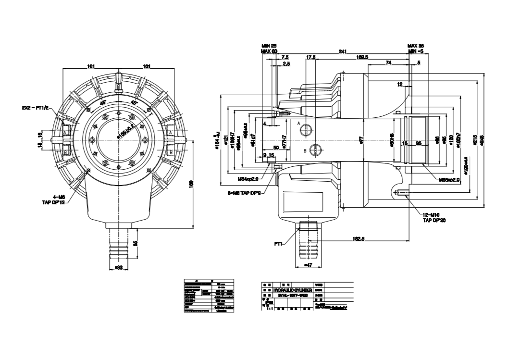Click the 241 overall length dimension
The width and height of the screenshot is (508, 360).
pos(343,51)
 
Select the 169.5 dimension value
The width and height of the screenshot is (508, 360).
pos(362,57)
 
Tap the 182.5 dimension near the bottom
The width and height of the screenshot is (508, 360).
pos(357,238)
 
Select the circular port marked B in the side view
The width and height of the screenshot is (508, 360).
pos(314,150)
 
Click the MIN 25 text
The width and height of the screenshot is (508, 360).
pos(269,45)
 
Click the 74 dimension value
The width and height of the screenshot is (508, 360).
pos(388,63)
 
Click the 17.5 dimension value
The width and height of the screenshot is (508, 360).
pos(310,57)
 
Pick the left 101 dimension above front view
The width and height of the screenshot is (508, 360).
pos(91,67)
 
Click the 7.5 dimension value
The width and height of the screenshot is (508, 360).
pos(285,57)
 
